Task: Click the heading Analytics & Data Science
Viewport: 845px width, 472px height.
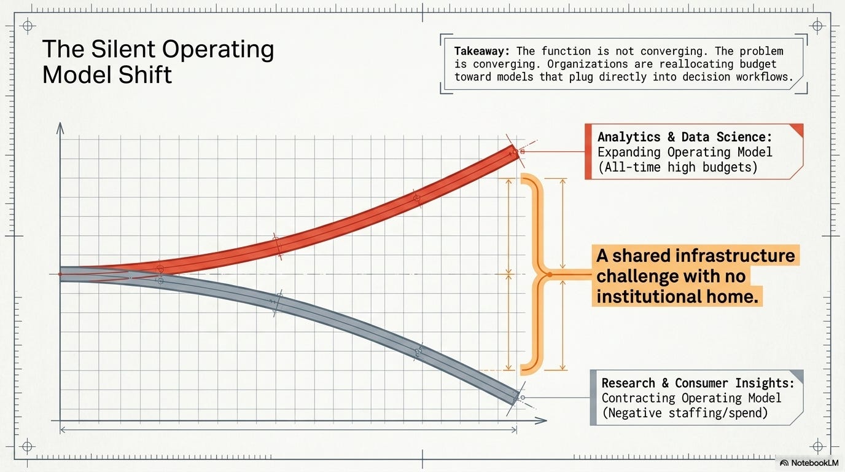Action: [x=685, y=136]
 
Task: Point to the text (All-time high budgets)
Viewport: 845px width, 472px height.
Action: [x=678, y=167]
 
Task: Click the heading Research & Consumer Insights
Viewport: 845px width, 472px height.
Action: [x=698, y=383]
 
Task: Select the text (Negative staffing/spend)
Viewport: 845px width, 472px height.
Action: [x=685, y=413]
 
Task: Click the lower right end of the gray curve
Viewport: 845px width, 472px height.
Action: [x=516, y=398]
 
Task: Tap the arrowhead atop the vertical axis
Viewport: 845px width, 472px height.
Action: [x=60, y=128]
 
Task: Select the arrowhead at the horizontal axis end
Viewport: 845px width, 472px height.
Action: [x=541, y=420]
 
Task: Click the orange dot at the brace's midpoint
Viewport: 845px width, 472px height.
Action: [x=550, y=275]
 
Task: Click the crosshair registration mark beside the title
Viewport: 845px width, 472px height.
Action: [x=27, y=26]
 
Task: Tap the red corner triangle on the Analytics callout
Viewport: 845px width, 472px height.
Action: [x=796, y=130]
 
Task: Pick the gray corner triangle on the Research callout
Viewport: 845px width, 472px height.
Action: [x=797, y=376]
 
